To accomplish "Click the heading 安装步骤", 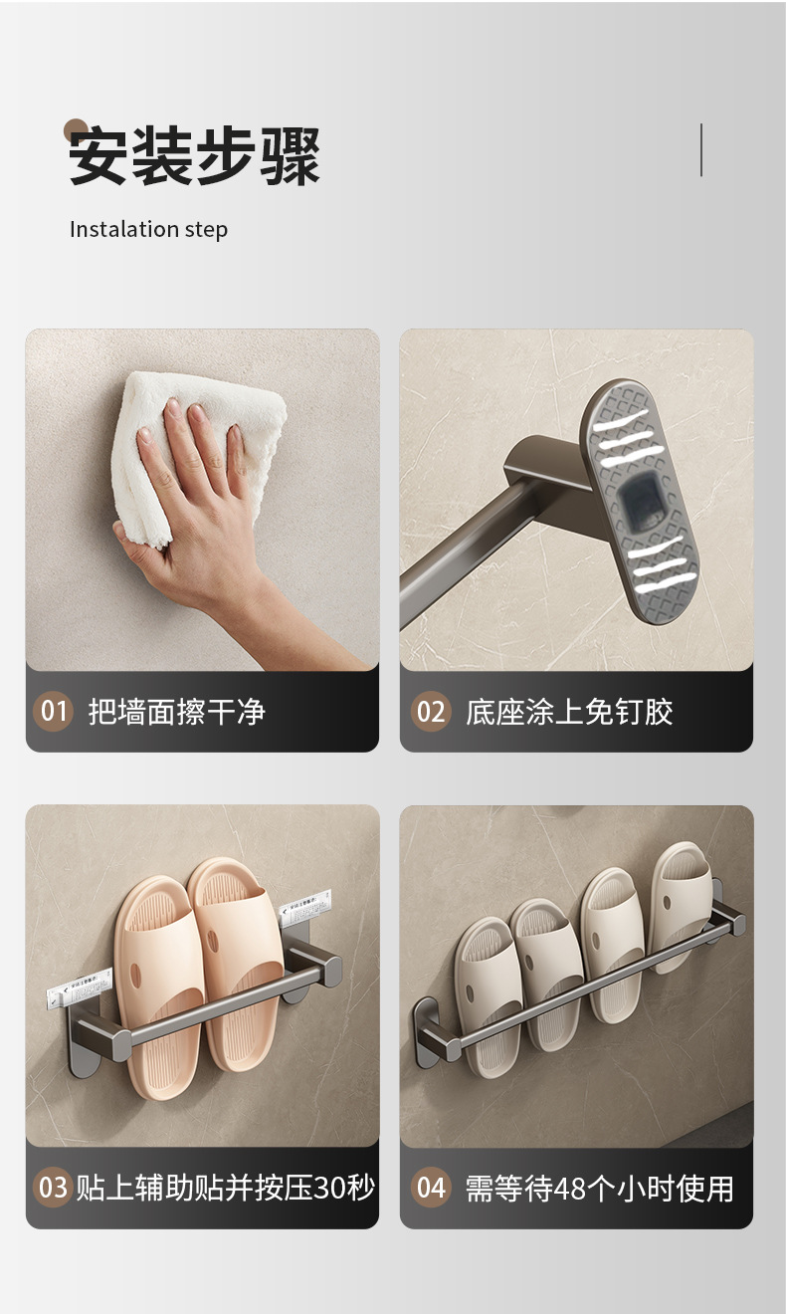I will click(x=195, y=157).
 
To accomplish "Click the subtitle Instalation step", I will click(x=148, y=229).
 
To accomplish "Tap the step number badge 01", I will click(x=54, y=712).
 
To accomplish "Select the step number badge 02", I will click(x=430, y=712).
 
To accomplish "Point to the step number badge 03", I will click(x=53, y=1188).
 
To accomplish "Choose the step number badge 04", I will click(x=430, y=1188).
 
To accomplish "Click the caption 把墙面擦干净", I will click(x=177, y=712).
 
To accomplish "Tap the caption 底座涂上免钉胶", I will click(x=569, y=712).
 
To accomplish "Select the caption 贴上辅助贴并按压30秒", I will click(x=226, y=1188).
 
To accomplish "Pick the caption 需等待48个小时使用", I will click(x=599, y=1188).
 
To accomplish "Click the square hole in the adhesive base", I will click(x=637, y=498).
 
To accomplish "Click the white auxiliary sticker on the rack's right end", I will click(x=304, y=907).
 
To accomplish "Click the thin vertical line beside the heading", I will click(x=701, y=150).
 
